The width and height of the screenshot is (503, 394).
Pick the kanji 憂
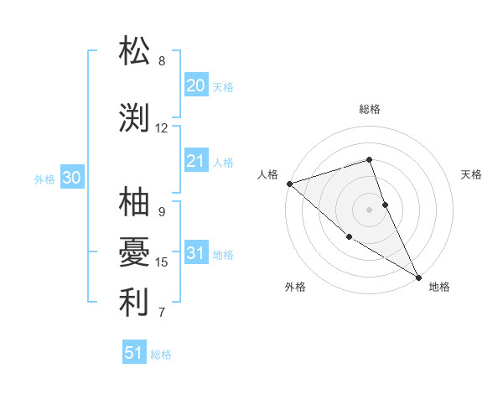point(135,251)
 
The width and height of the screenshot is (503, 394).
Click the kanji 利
point(135,302)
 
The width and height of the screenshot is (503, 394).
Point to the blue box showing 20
point(196,86)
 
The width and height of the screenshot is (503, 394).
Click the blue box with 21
point(196,161)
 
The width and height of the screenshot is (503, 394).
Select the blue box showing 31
point(196,254)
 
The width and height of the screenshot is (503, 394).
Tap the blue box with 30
point(72,179)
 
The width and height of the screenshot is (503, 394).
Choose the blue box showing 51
point(134,353)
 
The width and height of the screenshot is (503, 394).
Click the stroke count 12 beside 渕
point(162,128)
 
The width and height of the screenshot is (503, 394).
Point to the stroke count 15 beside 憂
point(162,262)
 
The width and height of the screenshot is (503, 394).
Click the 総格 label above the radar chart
point(370,109)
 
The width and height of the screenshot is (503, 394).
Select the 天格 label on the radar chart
point(472,174)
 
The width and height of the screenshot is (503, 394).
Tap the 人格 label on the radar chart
point(267,174)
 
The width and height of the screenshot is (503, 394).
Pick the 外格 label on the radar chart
point(295,287)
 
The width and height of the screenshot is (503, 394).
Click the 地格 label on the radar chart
point(439,287)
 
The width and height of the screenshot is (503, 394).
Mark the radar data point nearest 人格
point(289,183)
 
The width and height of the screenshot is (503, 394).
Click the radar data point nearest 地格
point(418,277)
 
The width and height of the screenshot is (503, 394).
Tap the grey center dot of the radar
point(370,209)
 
